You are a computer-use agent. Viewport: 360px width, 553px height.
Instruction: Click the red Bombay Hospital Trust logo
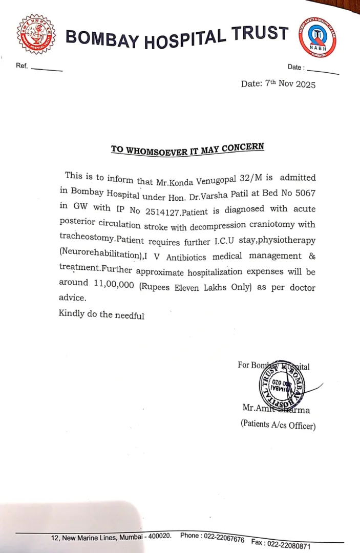pyautogui.click(x=35, y=35)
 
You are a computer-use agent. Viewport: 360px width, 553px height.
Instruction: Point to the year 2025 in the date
pyautogui.click(x=306, y=84)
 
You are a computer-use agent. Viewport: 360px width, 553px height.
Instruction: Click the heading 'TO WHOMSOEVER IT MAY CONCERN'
pyautogui.click(x=187, y=148)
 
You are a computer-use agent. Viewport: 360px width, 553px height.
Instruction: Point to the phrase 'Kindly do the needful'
pyautogui.click(x=101, y=314)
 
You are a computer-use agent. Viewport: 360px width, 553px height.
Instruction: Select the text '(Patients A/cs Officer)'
pyautogui.click(x=278, y=426)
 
